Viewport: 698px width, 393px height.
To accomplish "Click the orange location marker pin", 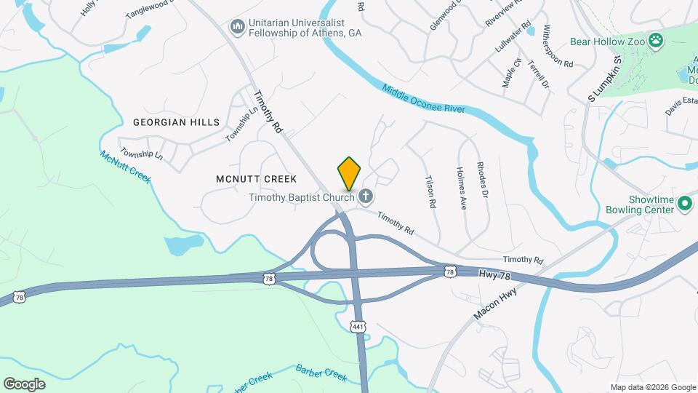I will (349, 174).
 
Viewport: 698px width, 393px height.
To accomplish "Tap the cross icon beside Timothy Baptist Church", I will (366, 196).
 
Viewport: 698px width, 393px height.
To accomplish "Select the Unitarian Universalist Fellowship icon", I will (236, 27).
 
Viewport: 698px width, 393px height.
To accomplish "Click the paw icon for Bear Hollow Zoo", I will (657, 41).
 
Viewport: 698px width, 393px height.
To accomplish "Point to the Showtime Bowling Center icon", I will (684, 204).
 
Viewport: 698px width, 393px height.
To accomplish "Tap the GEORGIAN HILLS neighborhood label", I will (176, 122).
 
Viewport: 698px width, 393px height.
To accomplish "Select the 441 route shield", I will (357, 327).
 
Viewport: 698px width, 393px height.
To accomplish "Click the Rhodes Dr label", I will (481, 179).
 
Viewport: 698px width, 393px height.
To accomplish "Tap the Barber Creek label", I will (321, 372).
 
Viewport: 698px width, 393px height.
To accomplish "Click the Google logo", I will (24, 384).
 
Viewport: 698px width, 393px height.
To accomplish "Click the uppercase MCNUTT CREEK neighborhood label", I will (257, 178).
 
